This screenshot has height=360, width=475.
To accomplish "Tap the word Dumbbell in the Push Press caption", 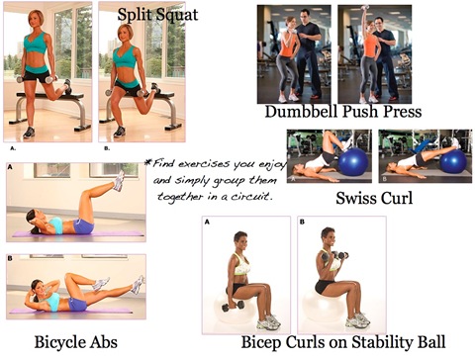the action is (302, 111).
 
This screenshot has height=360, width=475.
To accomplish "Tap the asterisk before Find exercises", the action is (148, 162).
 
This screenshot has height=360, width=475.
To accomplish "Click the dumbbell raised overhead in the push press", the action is (365, 9).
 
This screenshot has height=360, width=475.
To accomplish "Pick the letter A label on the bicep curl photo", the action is (207, 222).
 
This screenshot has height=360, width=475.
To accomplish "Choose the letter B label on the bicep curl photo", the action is (302, 222).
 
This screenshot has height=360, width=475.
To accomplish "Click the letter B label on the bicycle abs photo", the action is (10, 258).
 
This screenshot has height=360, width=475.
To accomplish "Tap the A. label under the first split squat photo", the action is (13, 148).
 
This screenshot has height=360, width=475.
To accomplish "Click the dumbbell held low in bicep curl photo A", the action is (233, 306).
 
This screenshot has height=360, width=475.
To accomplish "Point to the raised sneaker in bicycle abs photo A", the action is (119, 181).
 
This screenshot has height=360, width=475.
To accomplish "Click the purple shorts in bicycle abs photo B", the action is (78, 304).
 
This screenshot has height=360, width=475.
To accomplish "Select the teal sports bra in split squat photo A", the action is (35, 43).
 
